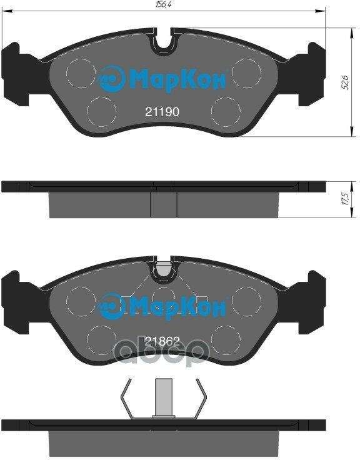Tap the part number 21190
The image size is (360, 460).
pos(162,112)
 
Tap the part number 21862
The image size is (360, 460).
pos(162,341)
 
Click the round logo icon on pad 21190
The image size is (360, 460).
pos(111,79)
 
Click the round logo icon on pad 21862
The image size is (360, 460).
pos(111,307)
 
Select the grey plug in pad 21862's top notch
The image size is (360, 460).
pos(163,268)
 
